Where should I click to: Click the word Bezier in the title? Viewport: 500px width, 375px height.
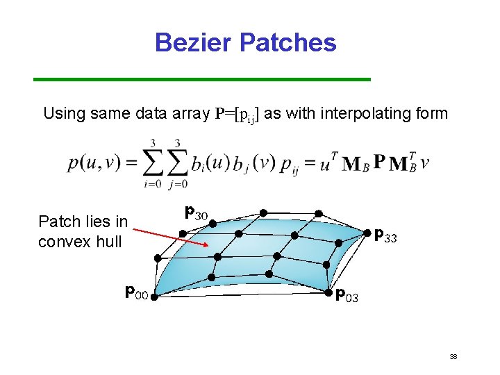[x=194, y=42]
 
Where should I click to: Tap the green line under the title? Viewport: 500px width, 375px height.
[x=202, y=80]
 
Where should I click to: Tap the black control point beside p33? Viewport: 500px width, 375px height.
[x=368, y=234]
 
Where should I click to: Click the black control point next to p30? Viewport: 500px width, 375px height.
[x=212, y=224]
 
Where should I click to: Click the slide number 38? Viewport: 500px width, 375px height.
[x=453, y=356]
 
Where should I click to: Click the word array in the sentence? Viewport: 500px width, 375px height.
[x=192, y=113]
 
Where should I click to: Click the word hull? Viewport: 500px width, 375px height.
[x=109, y=242]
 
